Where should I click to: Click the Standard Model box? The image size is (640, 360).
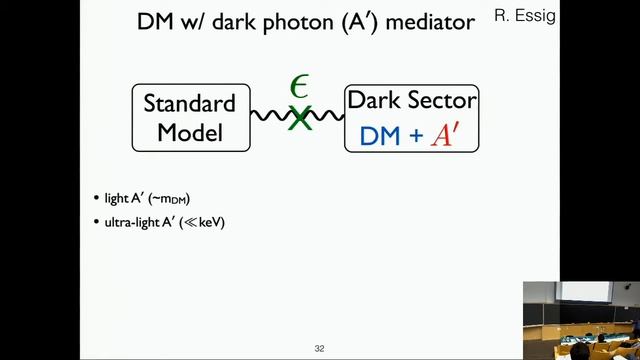(x=189, y=117)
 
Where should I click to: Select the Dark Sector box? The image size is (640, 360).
(x=411, y=118)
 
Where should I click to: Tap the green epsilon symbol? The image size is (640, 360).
(x=299, y=87)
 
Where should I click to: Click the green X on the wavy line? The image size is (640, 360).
(x=299, y=118)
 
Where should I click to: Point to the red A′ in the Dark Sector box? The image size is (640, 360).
(x=444, y=135)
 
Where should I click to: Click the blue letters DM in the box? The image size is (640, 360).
(x=379, y=136)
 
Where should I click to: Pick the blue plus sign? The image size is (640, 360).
(x=415, y=136)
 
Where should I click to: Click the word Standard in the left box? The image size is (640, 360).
(x=189, y=103)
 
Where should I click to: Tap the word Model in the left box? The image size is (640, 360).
(x=189, y=131)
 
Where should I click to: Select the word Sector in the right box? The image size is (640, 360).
(x=441, y=101)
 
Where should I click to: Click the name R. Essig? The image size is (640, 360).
(x=525, y=16)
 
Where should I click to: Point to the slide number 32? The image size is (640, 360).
(x=319, y=348)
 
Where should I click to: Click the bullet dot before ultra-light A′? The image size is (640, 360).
(x=97, y=222)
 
